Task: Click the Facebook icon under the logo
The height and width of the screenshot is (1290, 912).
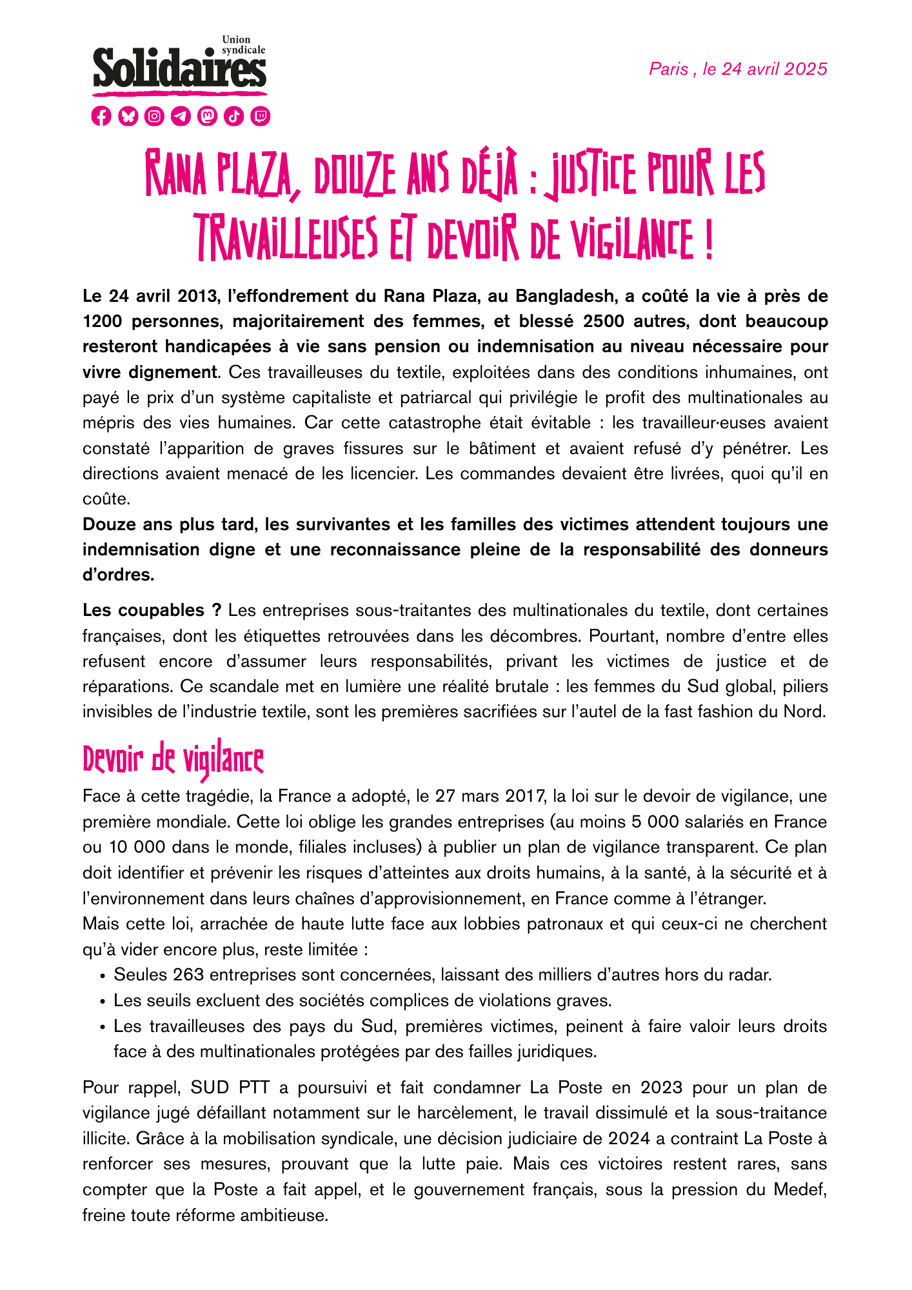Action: [101, 116]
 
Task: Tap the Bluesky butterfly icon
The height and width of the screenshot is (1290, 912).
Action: [128, 116]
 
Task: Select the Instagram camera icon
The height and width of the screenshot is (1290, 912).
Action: [154, 116]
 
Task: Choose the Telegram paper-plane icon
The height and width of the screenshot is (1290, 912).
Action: [181, 116]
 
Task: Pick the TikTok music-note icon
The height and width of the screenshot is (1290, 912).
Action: [234, 116]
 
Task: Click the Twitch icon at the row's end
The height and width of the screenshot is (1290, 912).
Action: [261, 116]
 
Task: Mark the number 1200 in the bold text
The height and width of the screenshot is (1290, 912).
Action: [102, 321]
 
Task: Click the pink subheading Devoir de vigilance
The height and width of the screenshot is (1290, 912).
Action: [173, 761]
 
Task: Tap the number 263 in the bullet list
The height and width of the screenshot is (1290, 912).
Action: [188, 975]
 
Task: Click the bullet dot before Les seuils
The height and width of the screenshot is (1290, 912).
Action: [103, 1002]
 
